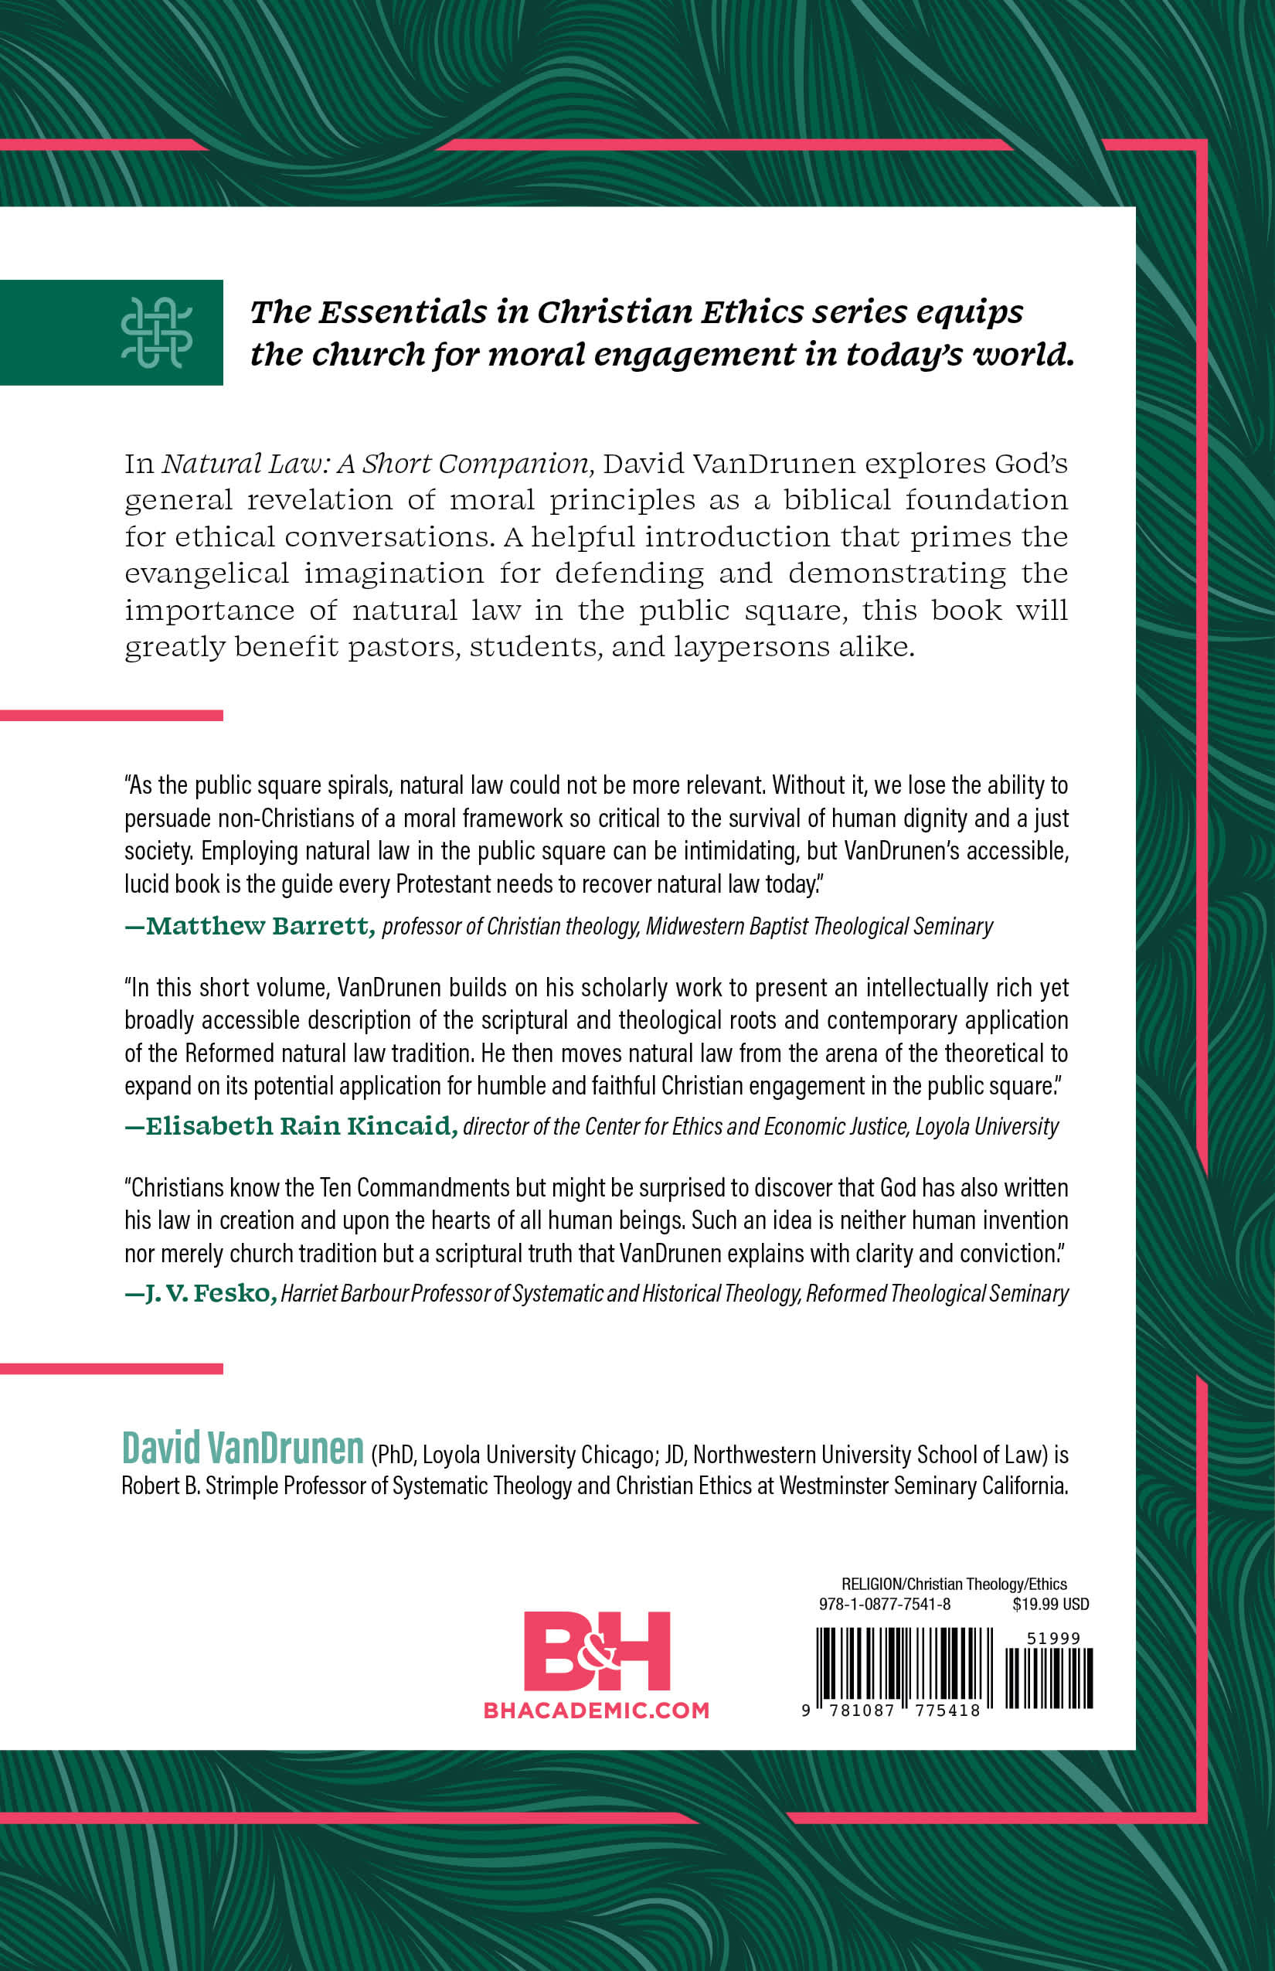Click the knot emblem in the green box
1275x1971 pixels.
coord(156,332)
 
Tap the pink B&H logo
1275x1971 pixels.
coord(596,1650)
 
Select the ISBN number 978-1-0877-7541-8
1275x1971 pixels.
coord(884,1604)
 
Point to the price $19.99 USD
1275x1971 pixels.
coord(1050,1604)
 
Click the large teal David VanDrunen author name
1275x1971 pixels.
coord(243,1448)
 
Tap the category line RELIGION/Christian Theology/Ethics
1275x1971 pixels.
coord(954,1584)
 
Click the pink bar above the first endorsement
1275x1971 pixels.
coord(111,716)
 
